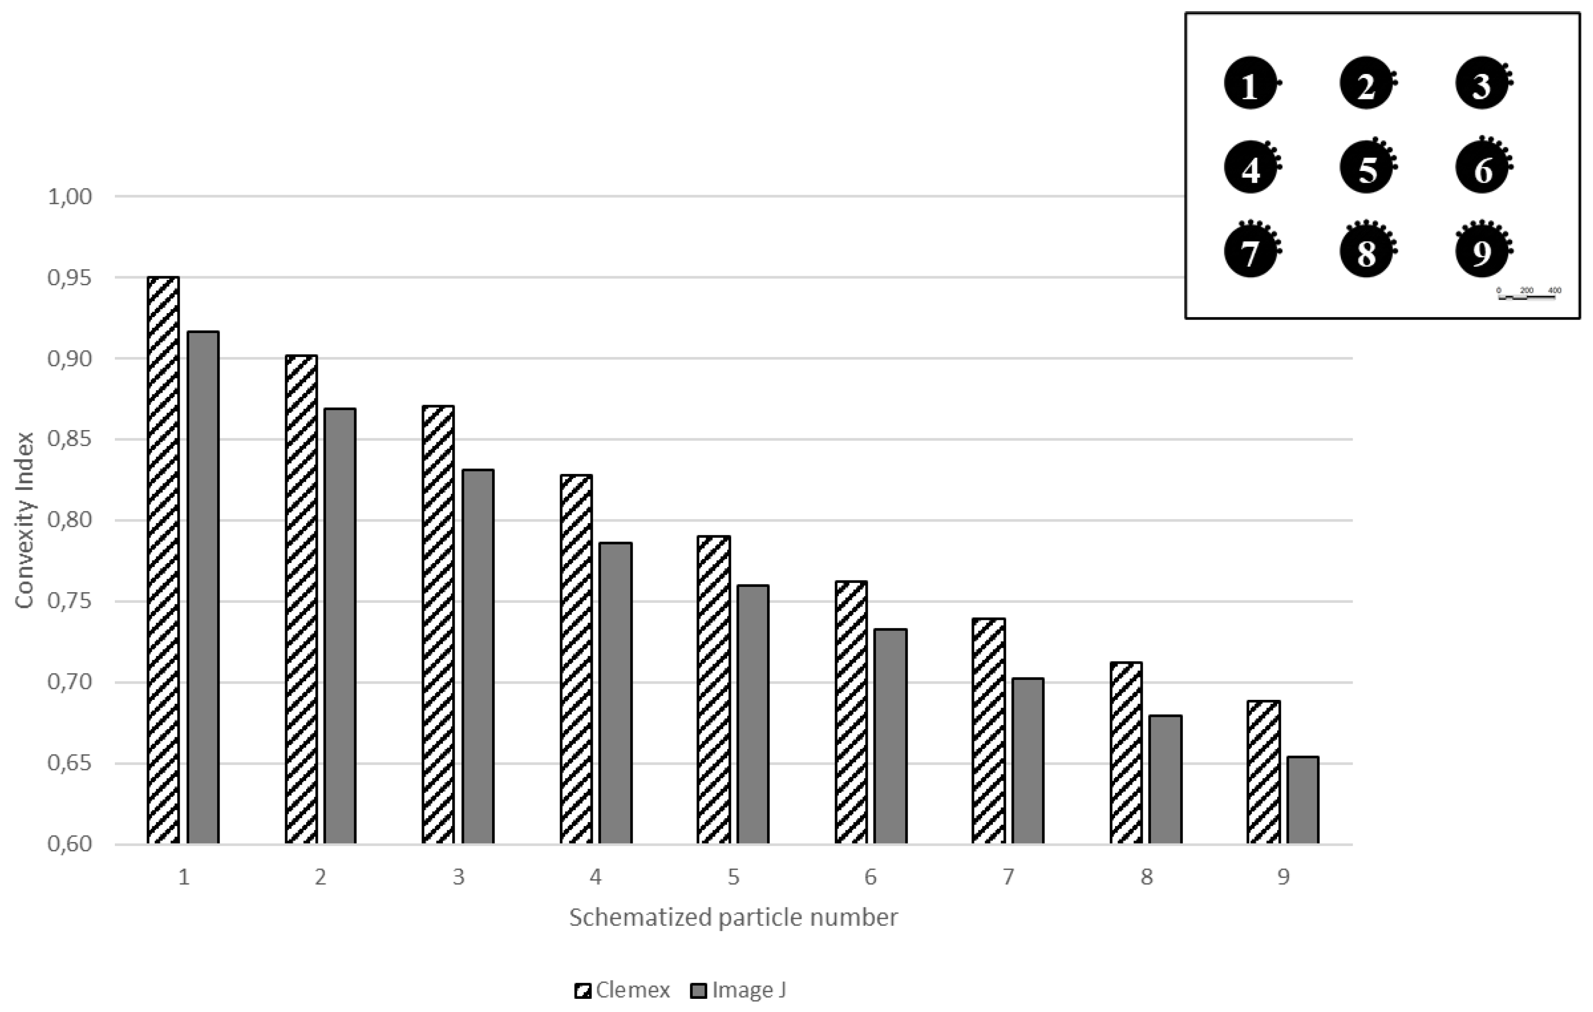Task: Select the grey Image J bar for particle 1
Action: click(x=203, y=587)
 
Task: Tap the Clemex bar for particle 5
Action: click(x=714, y=690)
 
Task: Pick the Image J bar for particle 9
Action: click(x=1302, y=800)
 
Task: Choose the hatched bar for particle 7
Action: click(x=989, y=731)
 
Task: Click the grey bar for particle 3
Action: click(x=477, y=656)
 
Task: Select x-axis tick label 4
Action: click(x=595, y=878)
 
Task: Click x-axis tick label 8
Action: click(x=1147, y=878)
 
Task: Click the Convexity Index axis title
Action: click(x=24, y=520)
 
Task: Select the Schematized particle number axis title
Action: click(x=733, y=918)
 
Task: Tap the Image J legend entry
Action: click(x=738, y=990)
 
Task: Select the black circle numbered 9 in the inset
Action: click(x=1482, y=250)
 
